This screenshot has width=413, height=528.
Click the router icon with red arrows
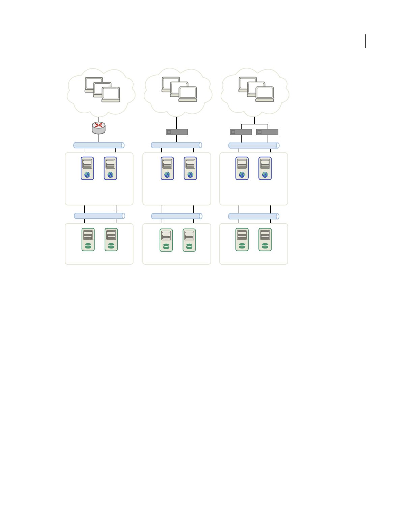point(99,128)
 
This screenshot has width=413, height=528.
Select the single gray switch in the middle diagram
point(177,132)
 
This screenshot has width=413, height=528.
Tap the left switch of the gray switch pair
point(241,132)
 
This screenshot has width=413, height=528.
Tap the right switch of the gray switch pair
point(267,132)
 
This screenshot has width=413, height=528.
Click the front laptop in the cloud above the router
point(111,94)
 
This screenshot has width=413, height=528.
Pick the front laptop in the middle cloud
point(188,94)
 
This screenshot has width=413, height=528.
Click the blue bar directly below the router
point(99,145)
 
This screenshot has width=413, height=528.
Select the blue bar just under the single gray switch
point(176,145)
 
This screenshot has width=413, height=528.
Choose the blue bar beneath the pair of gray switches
point(254,146)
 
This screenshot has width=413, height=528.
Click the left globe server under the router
point(87,168)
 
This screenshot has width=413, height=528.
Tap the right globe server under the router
point(110,168)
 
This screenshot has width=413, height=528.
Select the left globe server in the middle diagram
point(167,168)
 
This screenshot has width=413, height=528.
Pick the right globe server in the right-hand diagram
point(265,168)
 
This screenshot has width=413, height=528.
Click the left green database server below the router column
point(88,239)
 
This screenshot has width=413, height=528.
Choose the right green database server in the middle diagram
point(189,240)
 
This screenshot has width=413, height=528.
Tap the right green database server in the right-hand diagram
point(265,239)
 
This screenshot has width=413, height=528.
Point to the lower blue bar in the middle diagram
point(177,216)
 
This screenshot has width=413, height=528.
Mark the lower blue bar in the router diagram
point(100,216)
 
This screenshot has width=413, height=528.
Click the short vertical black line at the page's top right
point(366,41)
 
